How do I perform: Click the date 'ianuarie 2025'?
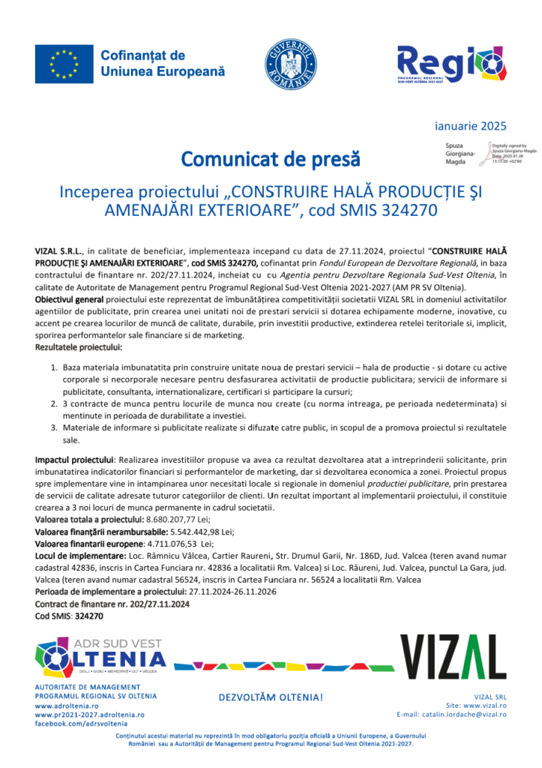471,125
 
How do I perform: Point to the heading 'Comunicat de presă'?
270,160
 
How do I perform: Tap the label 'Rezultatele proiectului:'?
79,348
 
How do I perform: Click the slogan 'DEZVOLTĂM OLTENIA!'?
271,697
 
